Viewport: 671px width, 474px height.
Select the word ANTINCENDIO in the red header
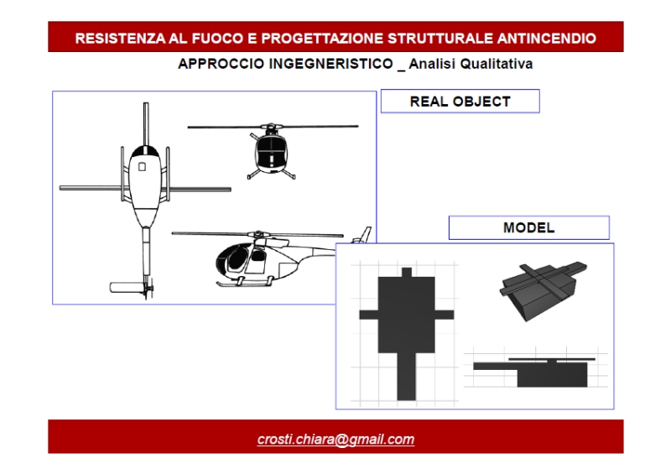click(547, 38)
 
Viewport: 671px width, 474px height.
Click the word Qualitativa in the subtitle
click(497, 64)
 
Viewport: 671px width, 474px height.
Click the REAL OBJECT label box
click(460, 102)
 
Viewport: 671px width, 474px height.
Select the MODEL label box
click(529, 228)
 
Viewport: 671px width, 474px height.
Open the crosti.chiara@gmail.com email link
click(336, 440)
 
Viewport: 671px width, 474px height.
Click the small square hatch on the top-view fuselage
click(142, 167)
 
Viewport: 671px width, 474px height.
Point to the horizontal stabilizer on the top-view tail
click(127, 287)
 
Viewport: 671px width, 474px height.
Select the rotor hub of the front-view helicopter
click(271, 128)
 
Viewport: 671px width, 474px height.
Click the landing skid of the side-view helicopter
click(244, 284)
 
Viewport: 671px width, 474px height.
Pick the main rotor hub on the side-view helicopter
click(258, 235)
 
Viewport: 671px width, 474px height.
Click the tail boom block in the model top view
click(406, 377)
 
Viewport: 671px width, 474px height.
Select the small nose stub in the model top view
click(407, 273)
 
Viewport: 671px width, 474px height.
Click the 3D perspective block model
click(543, 291)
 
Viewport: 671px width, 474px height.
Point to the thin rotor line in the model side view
click(552, 360)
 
